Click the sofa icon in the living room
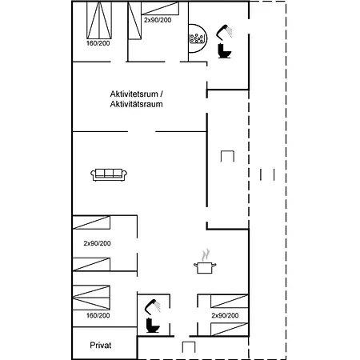[109, 175]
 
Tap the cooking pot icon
[205, 268]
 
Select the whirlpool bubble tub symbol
[197, 38]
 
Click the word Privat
[101, 346]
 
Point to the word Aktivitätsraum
[136, 104]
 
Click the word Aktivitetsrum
[134, 94]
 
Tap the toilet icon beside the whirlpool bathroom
[224, 50]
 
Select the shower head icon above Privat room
[153, 306]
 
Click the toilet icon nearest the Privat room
[153, 325]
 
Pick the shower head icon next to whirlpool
[224, 32]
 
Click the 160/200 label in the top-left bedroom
[98, 43]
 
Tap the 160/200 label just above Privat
[98, 315]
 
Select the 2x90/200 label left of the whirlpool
[158, 20]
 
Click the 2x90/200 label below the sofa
[97, 243]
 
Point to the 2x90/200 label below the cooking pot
[225, 315]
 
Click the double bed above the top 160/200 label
[99, 20]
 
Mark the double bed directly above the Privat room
[91, 298]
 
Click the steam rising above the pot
[206, 255]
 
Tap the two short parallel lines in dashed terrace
[267, 174]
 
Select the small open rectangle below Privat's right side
[189, 347]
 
